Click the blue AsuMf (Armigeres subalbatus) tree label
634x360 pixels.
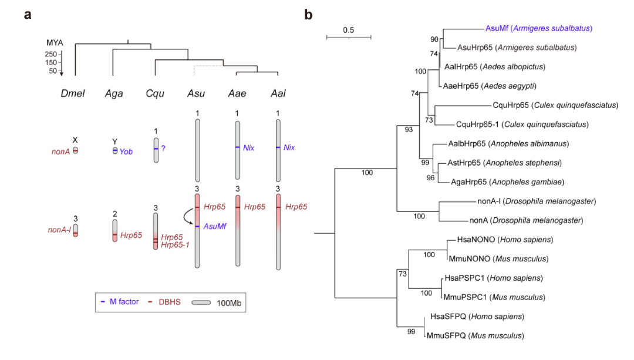point(538,28)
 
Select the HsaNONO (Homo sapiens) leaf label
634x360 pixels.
point(505,240)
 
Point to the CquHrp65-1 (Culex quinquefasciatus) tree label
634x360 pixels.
point(522,124)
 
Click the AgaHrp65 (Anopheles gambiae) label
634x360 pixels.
point(507,182)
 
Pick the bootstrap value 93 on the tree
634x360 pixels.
point(409,129)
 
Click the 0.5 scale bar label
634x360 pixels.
point(349,30)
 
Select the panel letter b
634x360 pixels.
point(308,15)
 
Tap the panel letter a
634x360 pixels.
point(28,15)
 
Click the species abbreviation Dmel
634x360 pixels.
point(73,93)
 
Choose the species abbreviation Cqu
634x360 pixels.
point(155,93)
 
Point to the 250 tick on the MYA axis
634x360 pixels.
point(51,54)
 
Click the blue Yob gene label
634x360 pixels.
point(126,152)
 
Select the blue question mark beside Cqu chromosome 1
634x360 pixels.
point(163,149)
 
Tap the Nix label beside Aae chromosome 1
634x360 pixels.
point(249,148)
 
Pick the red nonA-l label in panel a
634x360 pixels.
point(59,230)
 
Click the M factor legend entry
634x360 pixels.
point(120,302)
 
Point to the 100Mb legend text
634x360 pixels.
point(229,303)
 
